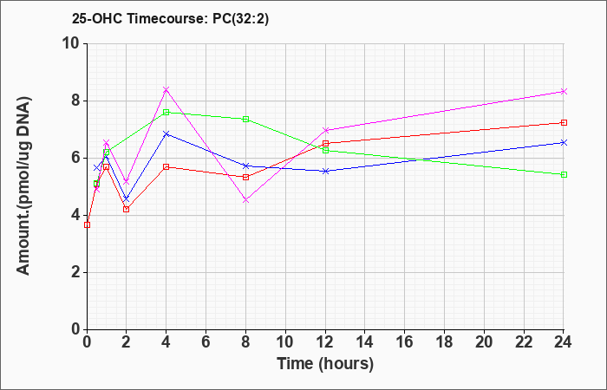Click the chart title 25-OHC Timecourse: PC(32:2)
pyautogui.click(x=170, y=18)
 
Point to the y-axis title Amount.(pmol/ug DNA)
pyautogui.click(x=23, y=186)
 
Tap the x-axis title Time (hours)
pyautogui.click(x=325, y=364)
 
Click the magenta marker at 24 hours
pyautogui.click(x=564, y=92)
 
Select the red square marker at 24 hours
pyautogui.click(x=564, y=123)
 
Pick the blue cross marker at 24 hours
pyautogui.click(x=564, y=143)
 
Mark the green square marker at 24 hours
pyautogui.click(x=564, y=174)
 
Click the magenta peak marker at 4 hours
pyautogui.click(x=166, y=90)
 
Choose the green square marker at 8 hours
pyautogui.click(x=245, y=120)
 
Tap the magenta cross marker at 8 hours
pyautogui.click(x=245, y=200)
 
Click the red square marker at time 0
pyautogui.click(x=87, y=224)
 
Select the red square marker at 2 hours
pyautogui.click(x=127, y=209)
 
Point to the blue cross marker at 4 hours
pyautogui.click(x=166, y=133)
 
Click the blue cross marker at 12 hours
pyautogui.click(x=325, y=171)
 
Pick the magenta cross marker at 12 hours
pyautogui.click(x=325, y=130)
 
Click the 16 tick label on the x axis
pyautogui.click(x=405, y=342)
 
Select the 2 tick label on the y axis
pyautogui.click(x=75, y=272)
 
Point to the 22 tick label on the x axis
pyautogui.click(x=524, y=342)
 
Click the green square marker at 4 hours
pyautogui.click(x=166, y=112)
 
